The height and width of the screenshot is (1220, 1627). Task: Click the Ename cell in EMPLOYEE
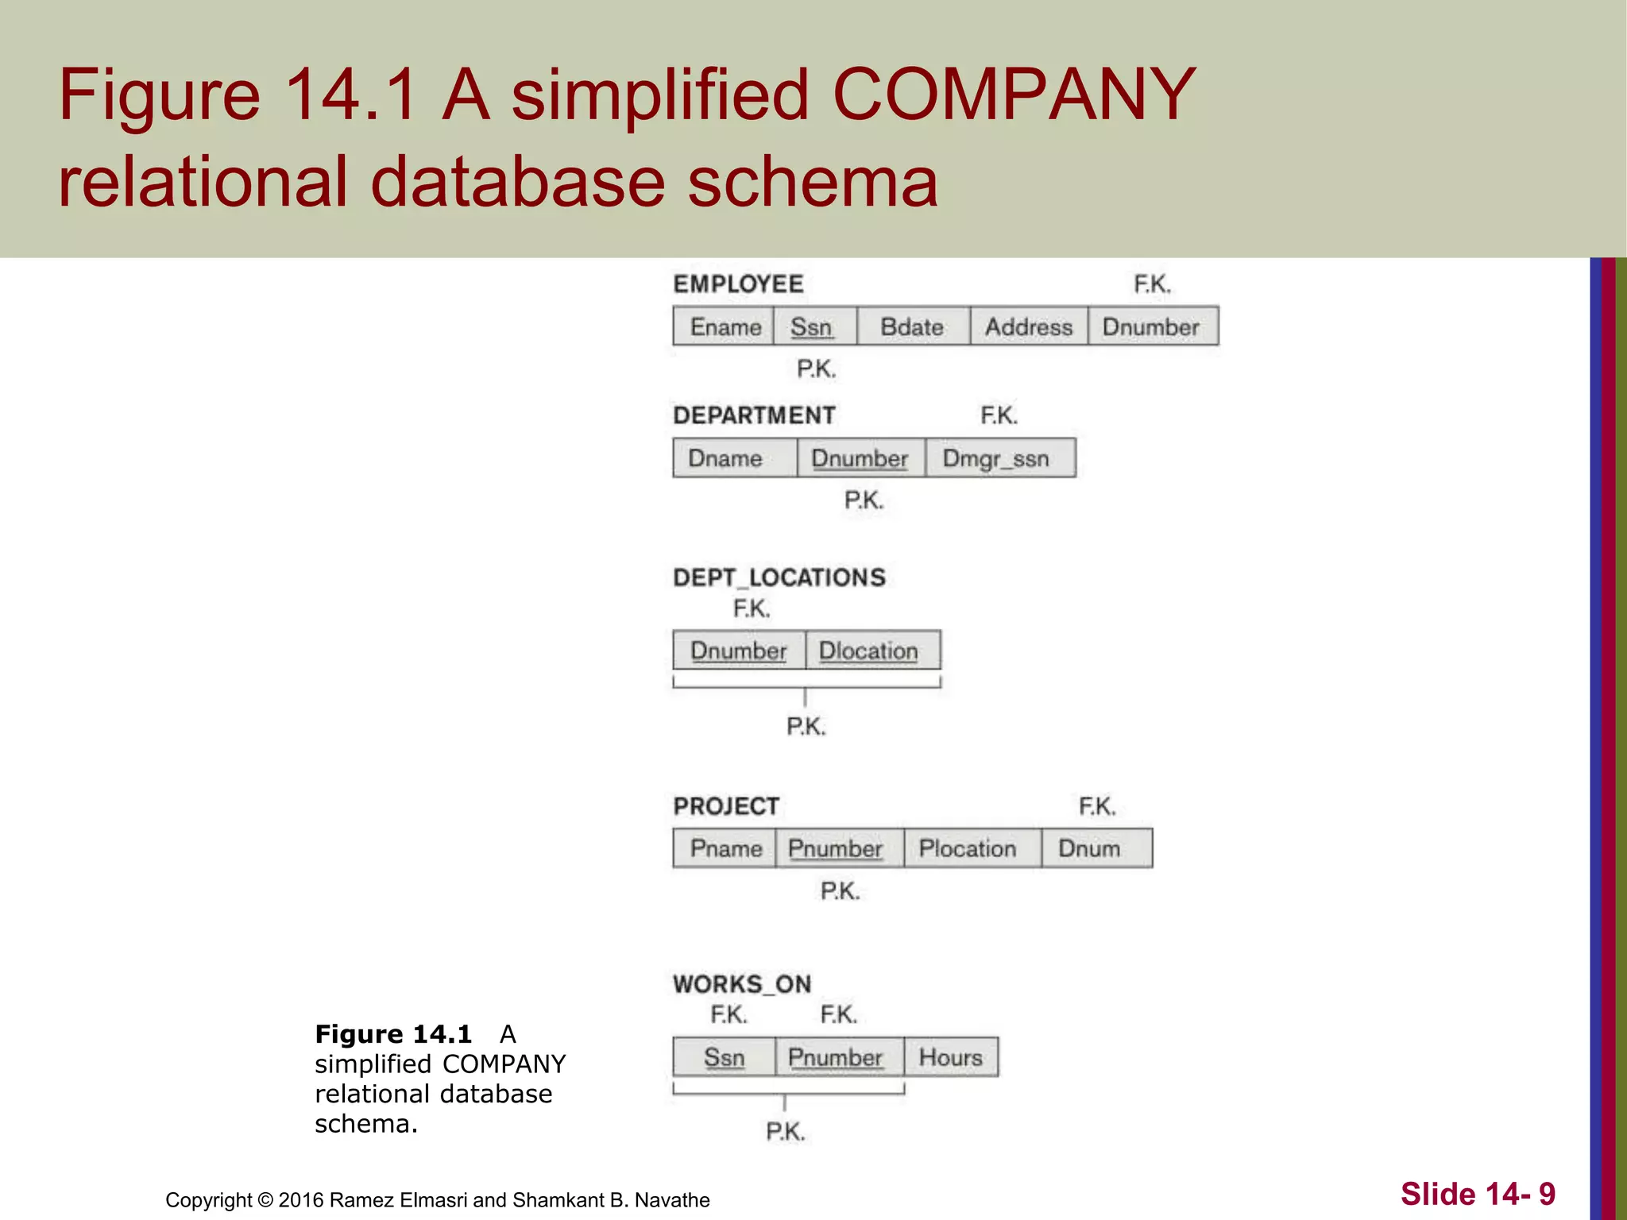click(724, 326)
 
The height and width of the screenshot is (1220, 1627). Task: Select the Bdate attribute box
click(912, 326)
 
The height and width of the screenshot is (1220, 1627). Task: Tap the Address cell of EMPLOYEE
click(1028, 326)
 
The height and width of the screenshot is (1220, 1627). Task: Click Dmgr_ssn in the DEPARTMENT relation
click(996, 458)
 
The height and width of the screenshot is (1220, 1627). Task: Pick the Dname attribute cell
click(725, 458)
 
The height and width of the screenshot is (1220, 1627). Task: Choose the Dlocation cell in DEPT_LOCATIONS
click(868, 651)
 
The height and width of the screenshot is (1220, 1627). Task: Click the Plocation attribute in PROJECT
click(968, 848)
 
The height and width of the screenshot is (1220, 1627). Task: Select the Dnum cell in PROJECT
click(1090, 848)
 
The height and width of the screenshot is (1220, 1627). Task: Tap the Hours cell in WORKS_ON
click(951, 1057)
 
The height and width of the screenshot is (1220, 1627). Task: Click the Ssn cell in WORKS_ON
click(724, 1057)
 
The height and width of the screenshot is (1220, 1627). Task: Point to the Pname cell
click(725, 848)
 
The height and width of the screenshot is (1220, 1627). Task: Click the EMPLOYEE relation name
click(738, 284)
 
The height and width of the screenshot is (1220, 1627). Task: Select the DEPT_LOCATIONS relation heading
click(779, 577)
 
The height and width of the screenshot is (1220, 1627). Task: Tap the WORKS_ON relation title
click(742, 984)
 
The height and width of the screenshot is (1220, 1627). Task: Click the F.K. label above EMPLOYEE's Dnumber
click(1152, 284)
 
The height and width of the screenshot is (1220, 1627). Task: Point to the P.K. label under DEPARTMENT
click(864, 500)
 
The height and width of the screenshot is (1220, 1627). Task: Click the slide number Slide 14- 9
click(1478, 1194)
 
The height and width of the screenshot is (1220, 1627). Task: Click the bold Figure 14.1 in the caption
click(393, 1034)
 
